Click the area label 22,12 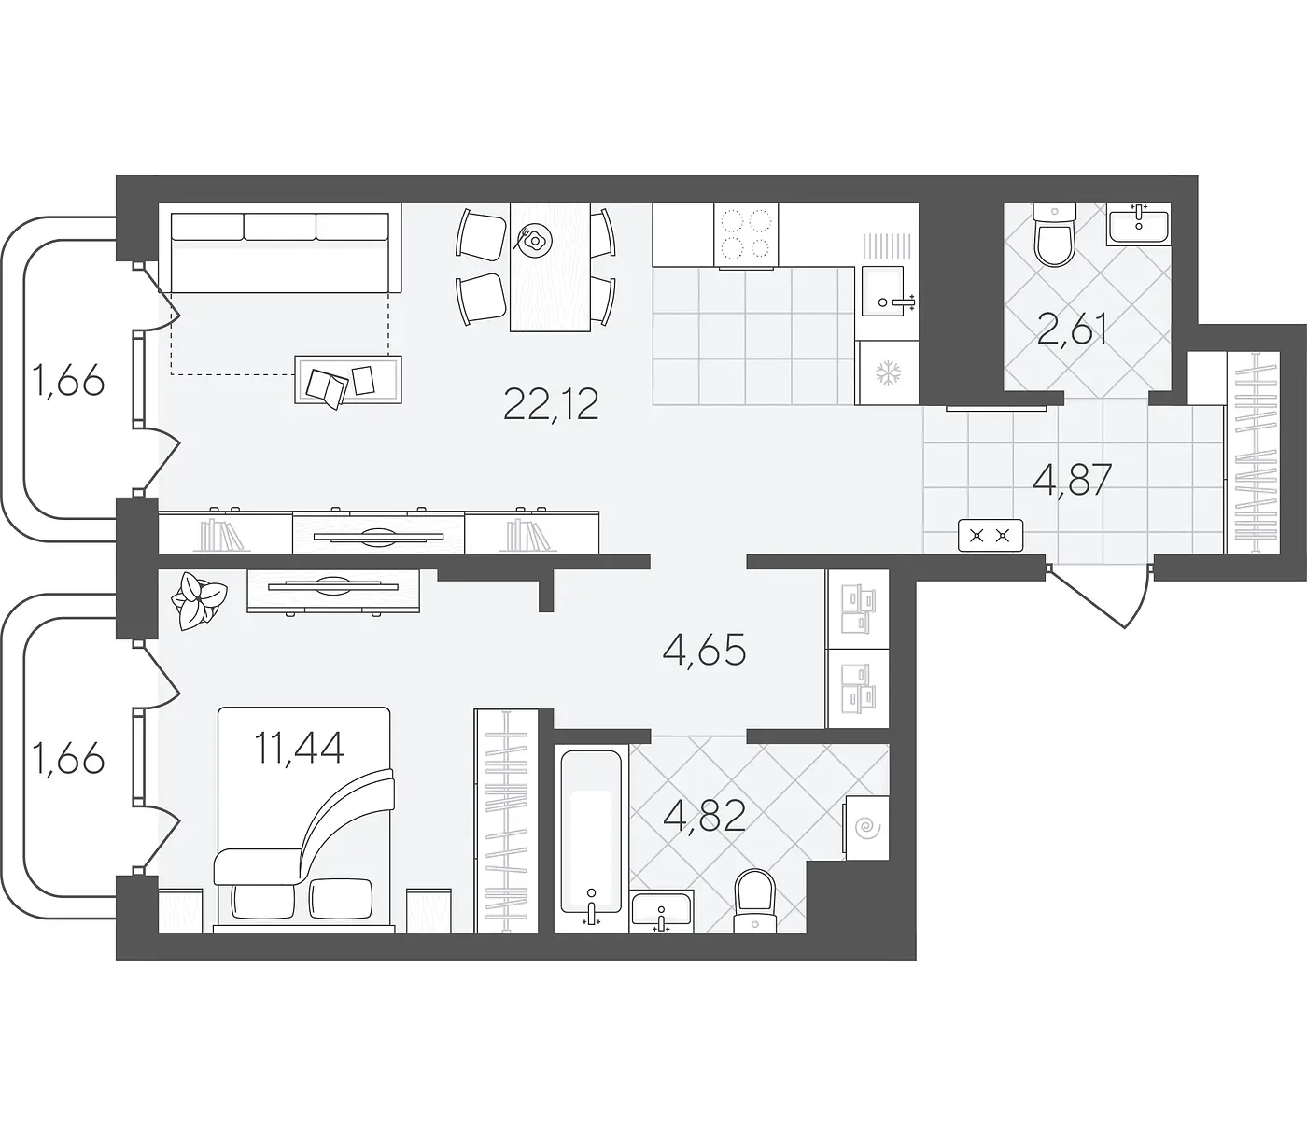551,405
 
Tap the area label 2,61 1072,330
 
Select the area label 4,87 1073,480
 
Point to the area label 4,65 704,651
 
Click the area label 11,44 299,747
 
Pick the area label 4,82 704,816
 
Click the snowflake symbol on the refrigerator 887,373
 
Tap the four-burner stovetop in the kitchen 746,234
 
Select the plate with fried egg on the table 534,240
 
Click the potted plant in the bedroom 197,600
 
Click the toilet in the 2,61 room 1054,235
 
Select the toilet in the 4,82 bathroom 754,901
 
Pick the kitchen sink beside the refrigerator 883,291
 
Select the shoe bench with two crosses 991,535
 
